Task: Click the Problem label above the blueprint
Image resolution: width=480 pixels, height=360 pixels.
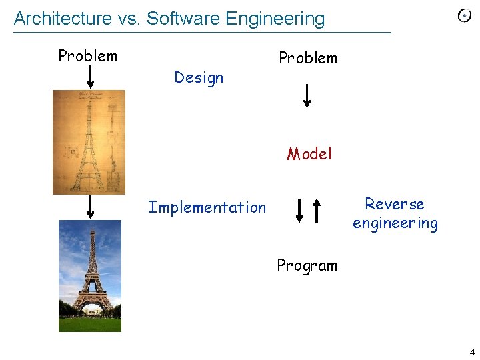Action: (87, 56)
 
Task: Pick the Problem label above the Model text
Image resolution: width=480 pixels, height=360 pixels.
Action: (307, 58)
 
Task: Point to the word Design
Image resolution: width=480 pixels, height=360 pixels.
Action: (199, 78)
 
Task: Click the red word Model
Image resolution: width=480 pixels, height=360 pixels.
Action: (309, 155)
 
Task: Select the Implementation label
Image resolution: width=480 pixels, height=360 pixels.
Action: (207, 208)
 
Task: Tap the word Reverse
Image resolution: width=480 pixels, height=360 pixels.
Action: (395, 204)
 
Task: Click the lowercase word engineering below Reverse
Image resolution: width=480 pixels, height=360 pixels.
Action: (395, 223)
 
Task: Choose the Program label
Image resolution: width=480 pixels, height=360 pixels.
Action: (307, 265)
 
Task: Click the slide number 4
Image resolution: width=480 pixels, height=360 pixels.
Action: (472, 352)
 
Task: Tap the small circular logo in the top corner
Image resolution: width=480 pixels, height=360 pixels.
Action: (465, 16)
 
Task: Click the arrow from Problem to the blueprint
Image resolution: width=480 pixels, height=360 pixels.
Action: (91, 76)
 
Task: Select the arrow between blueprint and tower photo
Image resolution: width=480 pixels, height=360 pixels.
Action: (91, 207)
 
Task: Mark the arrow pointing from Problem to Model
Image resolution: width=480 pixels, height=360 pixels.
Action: (307, 95)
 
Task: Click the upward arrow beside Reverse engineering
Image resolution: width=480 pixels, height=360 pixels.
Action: (317, 210)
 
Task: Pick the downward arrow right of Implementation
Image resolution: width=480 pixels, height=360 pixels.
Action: (299, 210)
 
